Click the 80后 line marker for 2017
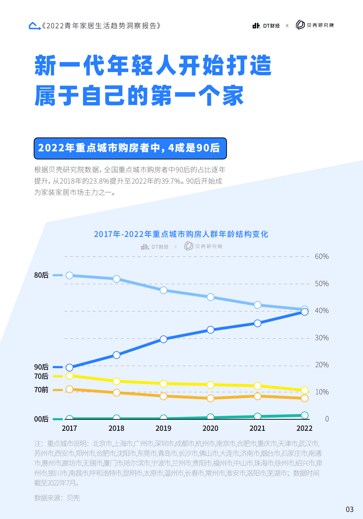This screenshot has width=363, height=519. (x=69, y=275)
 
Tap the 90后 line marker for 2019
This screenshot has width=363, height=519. (x=163, y=339)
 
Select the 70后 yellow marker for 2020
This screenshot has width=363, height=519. (x=210, y=385)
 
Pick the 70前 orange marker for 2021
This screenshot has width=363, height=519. (x=257, y=396)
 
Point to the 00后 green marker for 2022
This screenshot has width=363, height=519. (x=304, y=415)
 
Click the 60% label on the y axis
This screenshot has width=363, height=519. (x=322, y=256)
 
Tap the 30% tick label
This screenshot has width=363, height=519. (x=322, y=338)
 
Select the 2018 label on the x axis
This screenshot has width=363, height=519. (x=116, y=428)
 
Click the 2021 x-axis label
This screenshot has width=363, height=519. (x=257, y=428)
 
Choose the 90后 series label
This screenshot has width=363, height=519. (x=41, y=367)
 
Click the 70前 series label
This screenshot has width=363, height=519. (x=41, y=390)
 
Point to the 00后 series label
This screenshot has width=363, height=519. (x=41, y=419)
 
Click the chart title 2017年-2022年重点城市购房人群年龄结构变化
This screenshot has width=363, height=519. (x=181, y=234)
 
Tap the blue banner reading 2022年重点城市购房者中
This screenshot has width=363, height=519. (x=130, y=148)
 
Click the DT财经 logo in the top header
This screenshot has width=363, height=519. (x=266, y=26)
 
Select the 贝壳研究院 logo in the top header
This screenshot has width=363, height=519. (x=315, y=25)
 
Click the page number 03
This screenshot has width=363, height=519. (x=350, y=509)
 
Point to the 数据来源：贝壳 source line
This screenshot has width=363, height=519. (x=57, y=498)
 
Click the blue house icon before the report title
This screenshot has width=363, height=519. (x=35, y=26)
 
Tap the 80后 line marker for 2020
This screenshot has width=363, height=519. (x=210, y=297)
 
